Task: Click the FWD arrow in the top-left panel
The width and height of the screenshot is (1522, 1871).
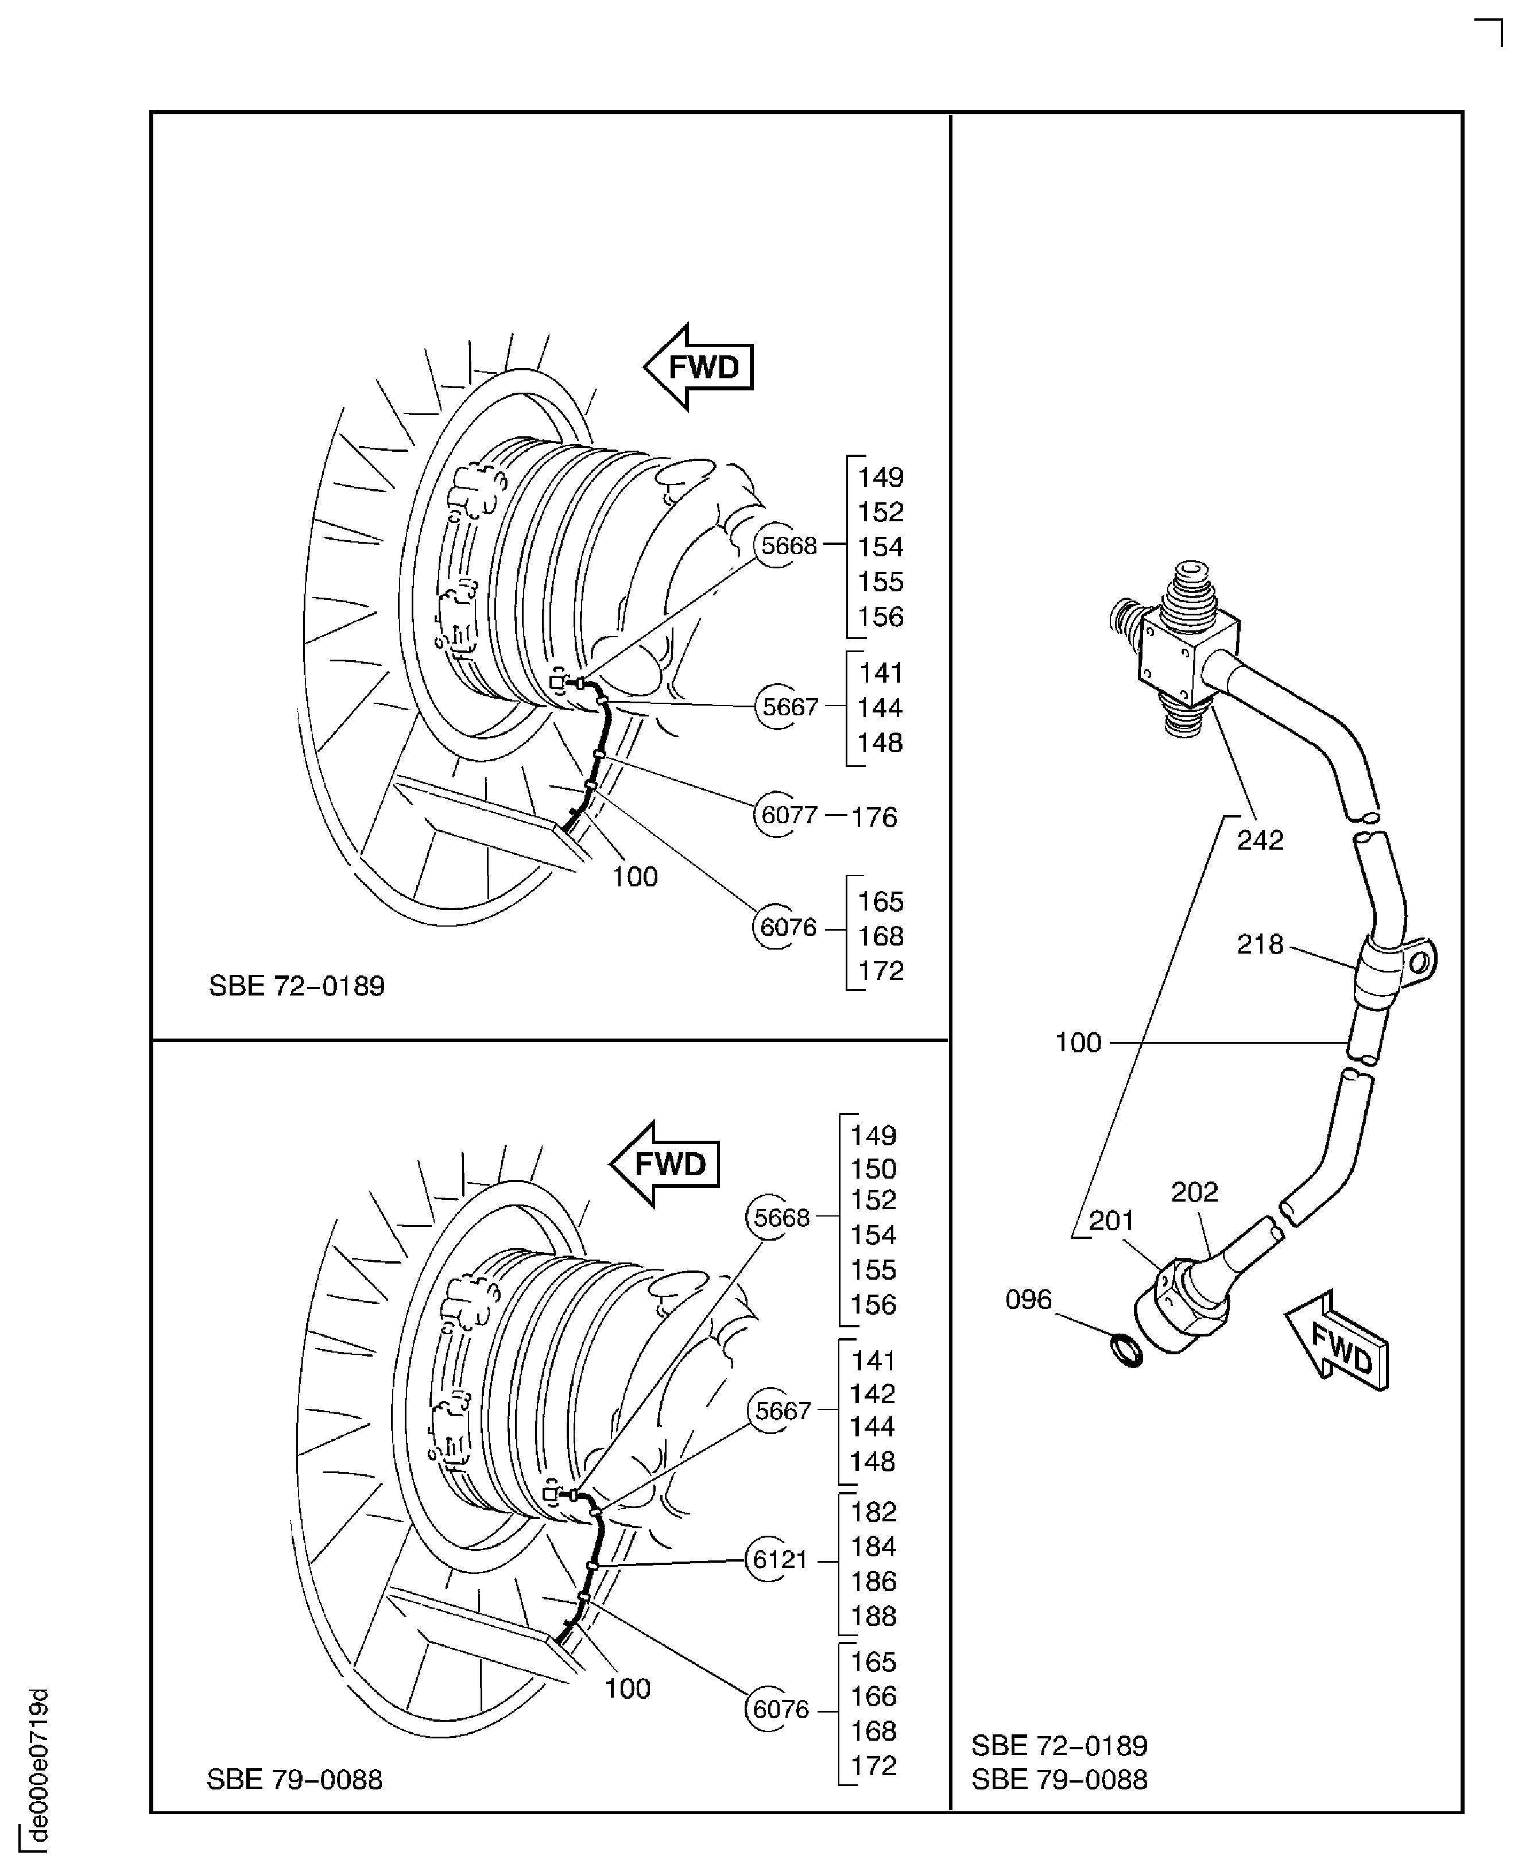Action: pos(700,366)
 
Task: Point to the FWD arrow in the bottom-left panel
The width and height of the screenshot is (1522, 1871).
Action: pos(665,1164)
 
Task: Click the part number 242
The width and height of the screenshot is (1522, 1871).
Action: pos(1260,840)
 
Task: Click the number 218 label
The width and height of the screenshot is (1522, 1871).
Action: pos(1260,944)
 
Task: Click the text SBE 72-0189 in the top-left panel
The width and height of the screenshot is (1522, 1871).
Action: pos(296,986)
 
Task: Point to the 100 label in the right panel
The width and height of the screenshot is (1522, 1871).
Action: pos(1078,1043)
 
